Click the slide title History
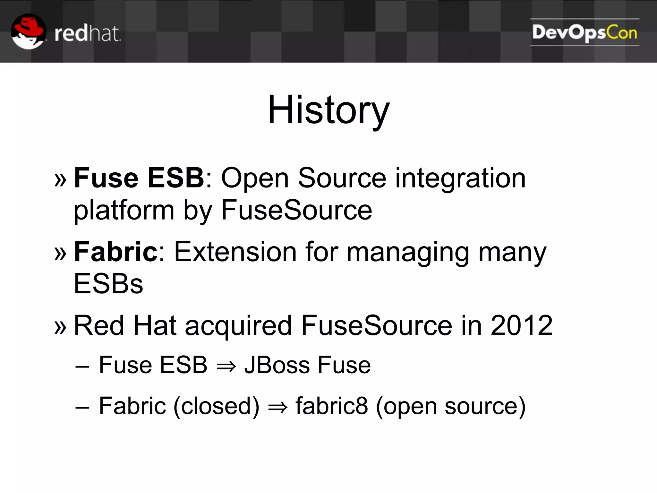[328, 110]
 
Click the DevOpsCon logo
[584, 32]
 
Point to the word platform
[124, 211]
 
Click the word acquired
[238, 326]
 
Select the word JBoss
[277, 365]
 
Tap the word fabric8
[331, 406]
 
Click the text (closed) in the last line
[216, 406]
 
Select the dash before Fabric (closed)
[82, 407]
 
